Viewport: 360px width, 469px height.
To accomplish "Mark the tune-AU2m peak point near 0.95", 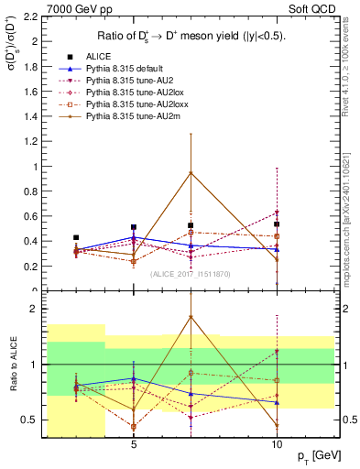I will click(191, 172).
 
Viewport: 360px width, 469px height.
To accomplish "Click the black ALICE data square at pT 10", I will click(276, 224).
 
